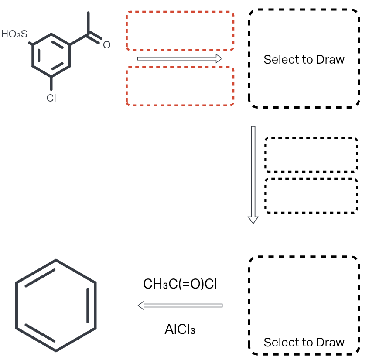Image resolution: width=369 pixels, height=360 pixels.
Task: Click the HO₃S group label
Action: [x=14, y=34]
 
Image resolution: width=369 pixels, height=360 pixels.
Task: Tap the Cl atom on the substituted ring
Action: [x=51, y=98]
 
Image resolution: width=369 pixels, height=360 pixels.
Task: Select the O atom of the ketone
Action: [x=106, y=44]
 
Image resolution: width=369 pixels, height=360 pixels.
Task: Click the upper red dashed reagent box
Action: [x=180, y=31]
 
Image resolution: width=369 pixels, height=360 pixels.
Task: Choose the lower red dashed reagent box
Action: [x=180, y=86]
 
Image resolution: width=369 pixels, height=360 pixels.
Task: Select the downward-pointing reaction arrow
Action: [x=253, y=174]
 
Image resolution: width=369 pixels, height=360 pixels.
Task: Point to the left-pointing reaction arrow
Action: [x=180, y=306]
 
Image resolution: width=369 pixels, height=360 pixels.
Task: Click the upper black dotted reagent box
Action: [x=311, y=155]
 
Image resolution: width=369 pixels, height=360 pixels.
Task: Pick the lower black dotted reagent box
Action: [x=311, y=196]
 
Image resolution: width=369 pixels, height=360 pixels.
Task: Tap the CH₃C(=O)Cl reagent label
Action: [x=180, y=284]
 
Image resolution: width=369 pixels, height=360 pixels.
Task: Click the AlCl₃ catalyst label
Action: [x=180, y=329]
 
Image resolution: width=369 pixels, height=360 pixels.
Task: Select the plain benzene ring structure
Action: [x=56, y=305]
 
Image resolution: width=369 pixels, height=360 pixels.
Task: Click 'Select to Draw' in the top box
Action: [x=304, y=60]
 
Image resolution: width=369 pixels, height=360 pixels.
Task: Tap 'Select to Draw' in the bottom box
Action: [x=304, y=342]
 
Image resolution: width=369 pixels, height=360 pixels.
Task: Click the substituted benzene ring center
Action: [x=51, y=55]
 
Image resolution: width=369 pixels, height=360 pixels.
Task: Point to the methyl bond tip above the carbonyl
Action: [x=88, y=14]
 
